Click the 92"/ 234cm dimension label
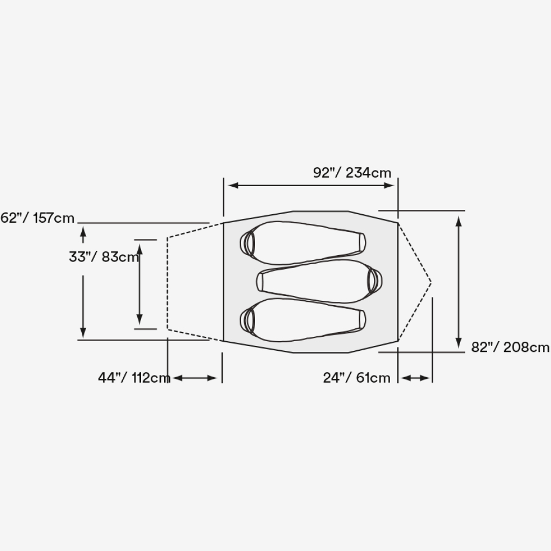pos(352,173)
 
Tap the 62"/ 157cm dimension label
pos(37,218)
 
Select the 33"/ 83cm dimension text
pos(104,257)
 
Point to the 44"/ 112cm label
pos(134,378)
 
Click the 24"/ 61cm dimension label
pos(357,378)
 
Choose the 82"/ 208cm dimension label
pos(510,347)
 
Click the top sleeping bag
pos(303,243)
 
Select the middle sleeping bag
pos(320,281)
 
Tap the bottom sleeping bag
pos(303,320)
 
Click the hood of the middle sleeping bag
pos(375,281)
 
